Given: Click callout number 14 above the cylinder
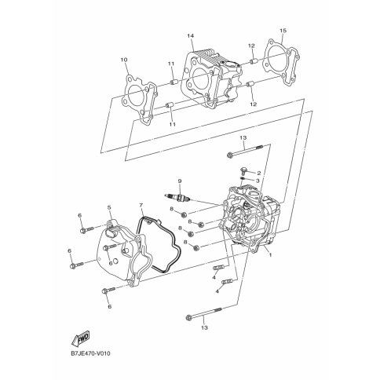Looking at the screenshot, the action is click(190, 35).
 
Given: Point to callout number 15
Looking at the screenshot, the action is click(283, 31).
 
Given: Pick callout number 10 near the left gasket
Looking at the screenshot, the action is click(124, 60).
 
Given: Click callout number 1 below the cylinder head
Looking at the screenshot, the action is click(271, 254).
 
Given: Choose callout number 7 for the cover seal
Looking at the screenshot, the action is click(141, 205).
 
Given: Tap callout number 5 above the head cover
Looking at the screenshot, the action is click(109, 207).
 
